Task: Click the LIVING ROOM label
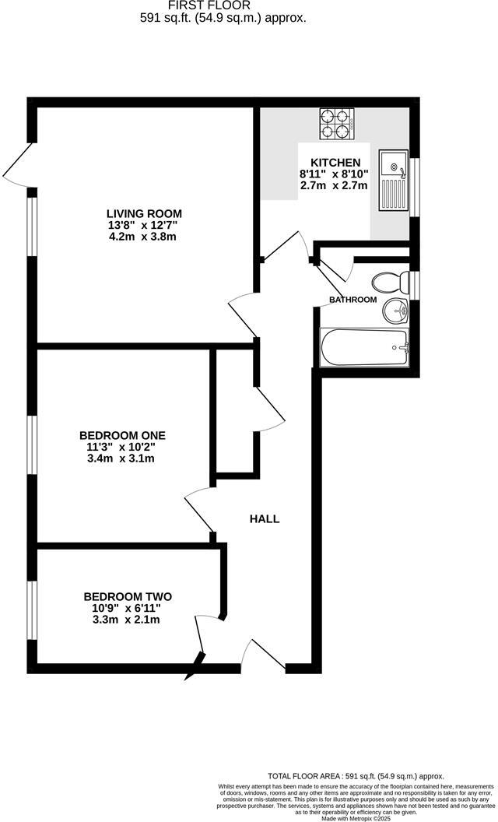(144, 213)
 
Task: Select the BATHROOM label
(352, 300)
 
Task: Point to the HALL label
(265, 519)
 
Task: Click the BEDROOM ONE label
(122, 435)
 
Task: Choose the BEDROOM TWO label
(128, 597)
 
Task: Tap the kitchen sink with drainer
(393, 181)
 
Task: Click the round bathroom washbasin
(396, 313)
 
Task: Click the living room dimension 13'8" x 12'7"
(143, 225)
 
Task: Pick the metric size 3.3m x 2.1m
(128, 620)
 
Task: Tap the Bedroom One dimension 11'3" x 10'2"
(122, 447)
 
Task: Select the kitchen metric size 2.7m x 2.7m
(333, 185)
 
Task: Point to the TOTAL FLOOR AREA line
(356, 776)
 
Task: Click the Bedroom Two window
(32, 609)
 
